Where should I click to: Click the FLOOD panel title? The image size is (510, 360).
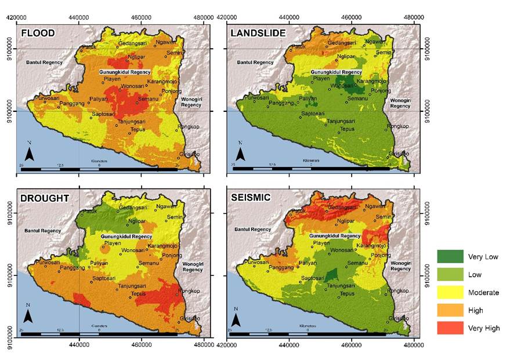click(38, 33)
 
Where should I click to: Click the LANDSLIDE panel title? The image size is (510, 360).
click(258, 33)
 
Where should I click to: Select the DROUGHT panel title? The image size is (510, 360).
click(45, 198)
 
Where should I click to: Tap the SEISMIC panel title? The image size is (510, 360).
click(250, 198)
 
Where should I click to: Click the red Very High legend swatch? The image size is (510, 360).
click(450, 328)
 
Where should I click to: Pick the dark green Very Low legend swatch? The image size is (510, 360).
click(450, 256)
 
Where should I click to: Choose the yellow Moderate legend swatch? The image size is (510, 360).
click(450, 292)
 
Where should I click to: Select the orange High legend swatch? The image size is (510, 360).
click(450, 310)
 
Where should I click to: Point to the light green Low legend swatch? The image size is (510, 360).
click(450, 274)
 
